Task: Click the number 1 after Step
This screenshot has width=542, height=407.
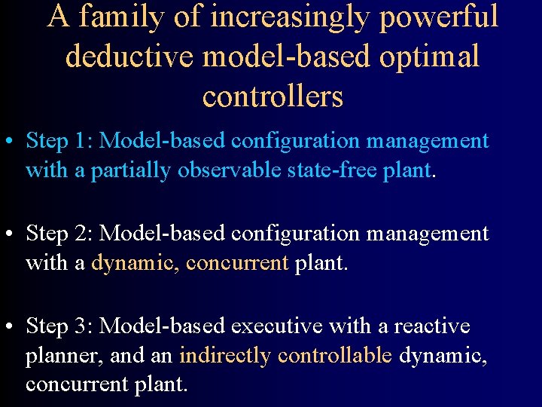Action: tap(82, 141)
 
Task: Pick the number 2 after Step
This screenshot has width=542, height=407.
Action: tap(82, 234)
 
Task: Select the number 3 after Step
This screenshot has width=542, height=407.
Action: tap(82, 326)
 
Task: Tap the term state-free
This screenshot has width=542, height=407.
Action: tap(332, 170)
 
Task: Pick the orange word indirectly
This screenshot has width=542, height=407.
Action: tap(225, 356)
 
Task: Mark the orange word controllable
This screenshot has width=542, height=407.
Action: tap(335, 356)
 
